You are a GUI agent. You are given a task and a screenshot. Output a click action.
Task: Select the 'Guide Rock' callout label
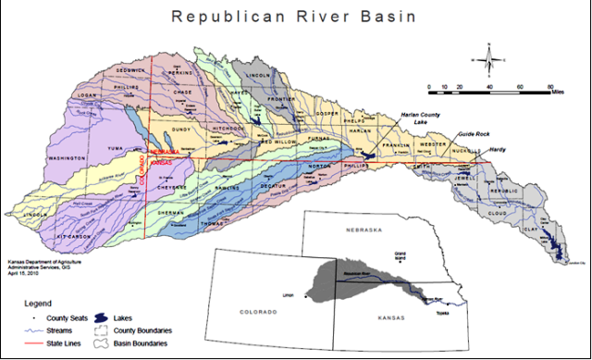[x=472, y=132]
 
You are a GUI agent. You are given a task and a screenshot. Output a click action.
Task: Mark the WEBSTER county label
[x=435, y=145]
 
